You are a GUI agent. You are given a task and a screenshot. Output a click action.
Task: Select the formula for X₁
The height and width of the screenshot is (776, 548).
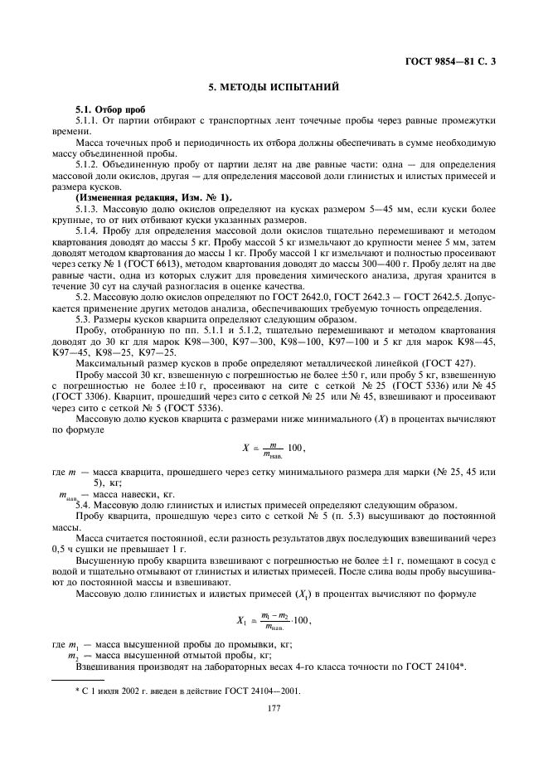point(274,619)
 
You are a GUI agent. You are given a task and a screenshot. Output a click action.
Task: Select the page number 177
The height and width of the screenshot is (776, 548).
point(274,708)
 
